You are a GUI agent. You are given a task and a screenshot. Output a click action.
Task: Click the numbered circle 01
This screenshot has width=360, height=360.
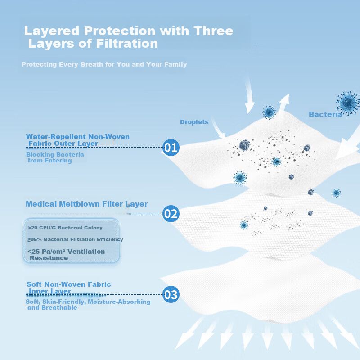point(171,148)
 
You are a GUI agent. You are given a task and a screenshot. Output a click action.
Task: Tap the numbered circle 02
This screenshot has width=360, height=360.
point(171,214)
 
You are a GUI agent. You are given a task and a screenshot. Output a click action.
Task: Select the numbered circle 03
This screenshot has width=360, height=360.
point(171,294)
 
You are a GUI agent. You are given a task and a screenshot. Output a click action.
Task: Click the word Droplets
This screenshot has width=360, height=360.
point(194,122)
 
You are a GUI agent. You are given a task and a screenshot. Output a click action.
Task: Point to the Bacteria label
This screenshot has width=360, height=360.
point(325,114)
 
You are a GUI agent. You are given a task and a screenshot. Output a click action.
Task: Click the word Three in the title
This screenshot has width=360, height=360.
point(213,31)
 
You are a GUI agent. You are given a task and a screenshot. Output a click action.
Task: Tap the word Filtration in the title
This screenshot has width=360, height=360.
point(127,43)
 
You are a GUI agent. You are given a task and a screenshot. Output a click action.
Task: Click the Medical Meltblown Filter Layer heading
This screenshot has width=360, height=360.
point(86,204)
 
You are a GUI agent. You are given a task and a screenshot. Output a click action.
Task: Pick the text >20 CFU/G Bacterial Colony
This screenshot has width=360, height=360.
point(65,228)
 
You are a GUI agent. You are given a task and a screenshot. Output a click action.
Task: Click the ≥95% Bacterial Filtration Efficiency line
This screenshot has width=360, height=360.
point(75,239)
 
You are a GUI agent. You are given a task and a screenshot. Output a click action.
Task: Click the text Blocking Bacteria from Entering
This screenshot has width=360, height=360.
point(55,157)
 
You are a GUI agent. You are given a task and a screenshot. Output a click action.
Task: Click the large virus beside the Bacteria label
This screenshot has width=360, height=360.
point(348,103)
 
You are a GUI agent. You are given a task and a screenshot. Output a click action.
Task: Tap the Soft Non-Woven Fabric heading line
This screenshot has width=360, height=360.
point(69,284)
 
